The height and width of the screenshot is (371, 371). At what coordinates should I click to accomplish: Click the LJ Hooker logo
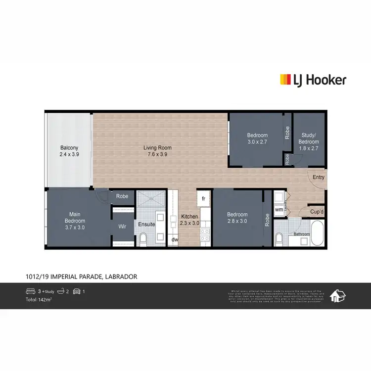tap(313, 80)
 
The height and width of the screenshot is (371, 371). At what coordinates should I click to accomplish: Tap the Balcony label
tap(69, 151)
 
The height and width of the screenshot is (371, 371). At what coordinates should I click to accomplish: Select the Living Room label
tap(157, 151)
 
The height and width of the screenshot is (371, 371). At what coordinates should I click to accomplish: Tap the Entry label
tap(318, 177)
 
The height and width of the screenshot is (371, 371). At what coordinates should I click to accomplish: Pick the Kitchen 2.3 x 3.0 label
tap(189, 220)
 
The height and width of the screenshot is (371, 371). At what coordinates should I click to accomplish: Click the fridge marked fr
tap(204, 198)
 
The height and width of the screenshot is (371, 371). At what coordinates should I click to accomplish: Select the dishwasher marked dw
tap(175, 240)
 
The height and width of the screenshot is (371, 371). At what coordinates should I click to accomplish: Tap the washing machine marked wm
tap(279, 209)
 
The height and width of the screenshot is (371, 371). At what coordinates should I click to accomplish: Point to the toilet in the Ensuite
tap(143, 240)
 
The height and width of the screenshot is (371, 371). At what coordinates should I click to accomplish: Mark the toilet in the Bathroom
tap(279, 240)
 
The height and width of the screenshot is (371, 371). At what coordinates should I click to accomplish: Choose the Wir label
tap(122, 227)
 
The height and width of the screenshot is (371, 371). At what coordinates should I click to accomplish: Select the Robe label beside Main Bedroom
tap(122, 196)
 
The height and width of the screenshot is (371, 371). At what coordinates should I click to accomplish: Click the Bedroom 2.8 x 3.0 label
tap(237, 218)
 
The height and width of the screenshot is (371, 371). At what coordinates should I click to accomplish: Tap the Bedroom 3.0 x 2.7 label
tap(257, 139)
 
